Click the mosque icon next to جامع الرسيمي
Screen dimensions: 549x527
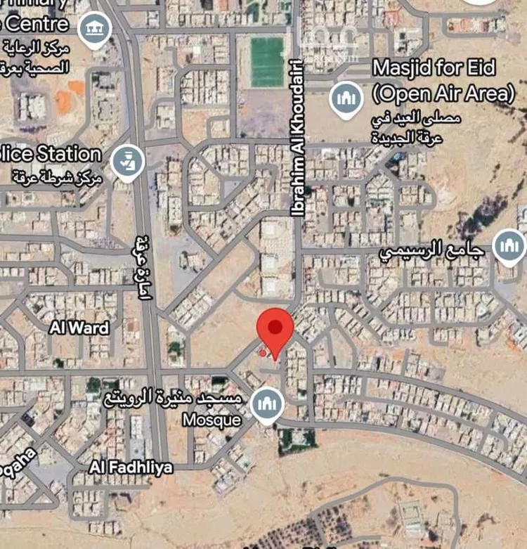pyautogui.click(x=509, y=246)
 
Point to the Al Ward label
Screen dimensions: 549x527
pyautogui.click(x=79, y=328)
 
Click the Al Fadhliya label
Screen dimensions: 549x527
pyautogui.click(x=131, y=467)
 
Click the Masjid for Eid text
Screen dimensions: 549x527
pyautogui.click(x=434, y=69)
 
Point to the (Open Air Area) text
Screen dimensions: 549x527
pyautogui.click(x=443, y=92)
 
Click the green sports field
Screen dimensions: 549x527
pyautogui.click(x=268, y=62)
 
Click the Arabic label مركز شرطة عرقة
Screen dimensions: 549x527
pyautogui.click(x=58, y=175)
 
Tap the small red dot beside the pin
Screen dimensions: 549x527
pyautogui.click(x=263, y=353)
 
